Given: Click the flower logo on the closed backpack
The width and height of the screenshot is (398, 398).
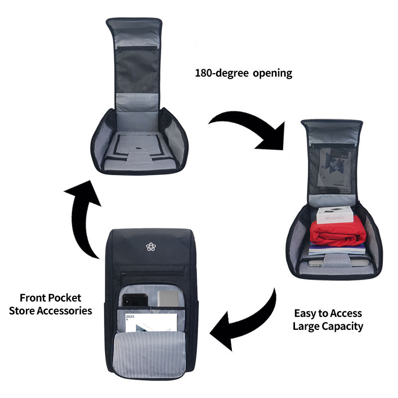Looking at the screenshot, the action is (151, 247).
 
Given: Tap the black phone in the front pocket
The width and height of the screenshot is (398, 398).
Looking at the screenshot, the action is (135, 300).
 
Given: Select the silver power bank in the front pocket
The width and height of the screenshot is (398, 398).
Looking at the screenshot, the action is (168, 298).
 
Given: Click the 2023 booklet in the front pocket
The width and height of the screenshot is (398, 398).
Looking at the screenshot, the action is (152, 322).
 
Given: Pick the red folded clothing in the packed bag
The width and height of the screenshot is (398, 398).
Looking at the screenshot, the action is (338, 232).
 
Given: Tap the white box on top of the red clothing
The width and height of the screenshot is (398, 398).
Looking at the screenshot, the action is (335, 215).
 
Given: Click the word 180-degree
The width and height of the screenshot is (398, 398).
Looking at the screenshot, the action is (221, 73).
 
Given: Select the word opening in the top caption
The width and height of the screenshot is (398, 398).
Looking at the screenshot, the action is (272, 74).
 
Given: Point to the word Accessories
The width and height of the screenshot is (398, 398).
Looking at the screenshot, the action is (65, 310).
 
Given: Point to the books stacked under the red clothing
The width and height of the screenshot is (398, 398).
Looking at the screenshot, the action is (337, 249).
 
